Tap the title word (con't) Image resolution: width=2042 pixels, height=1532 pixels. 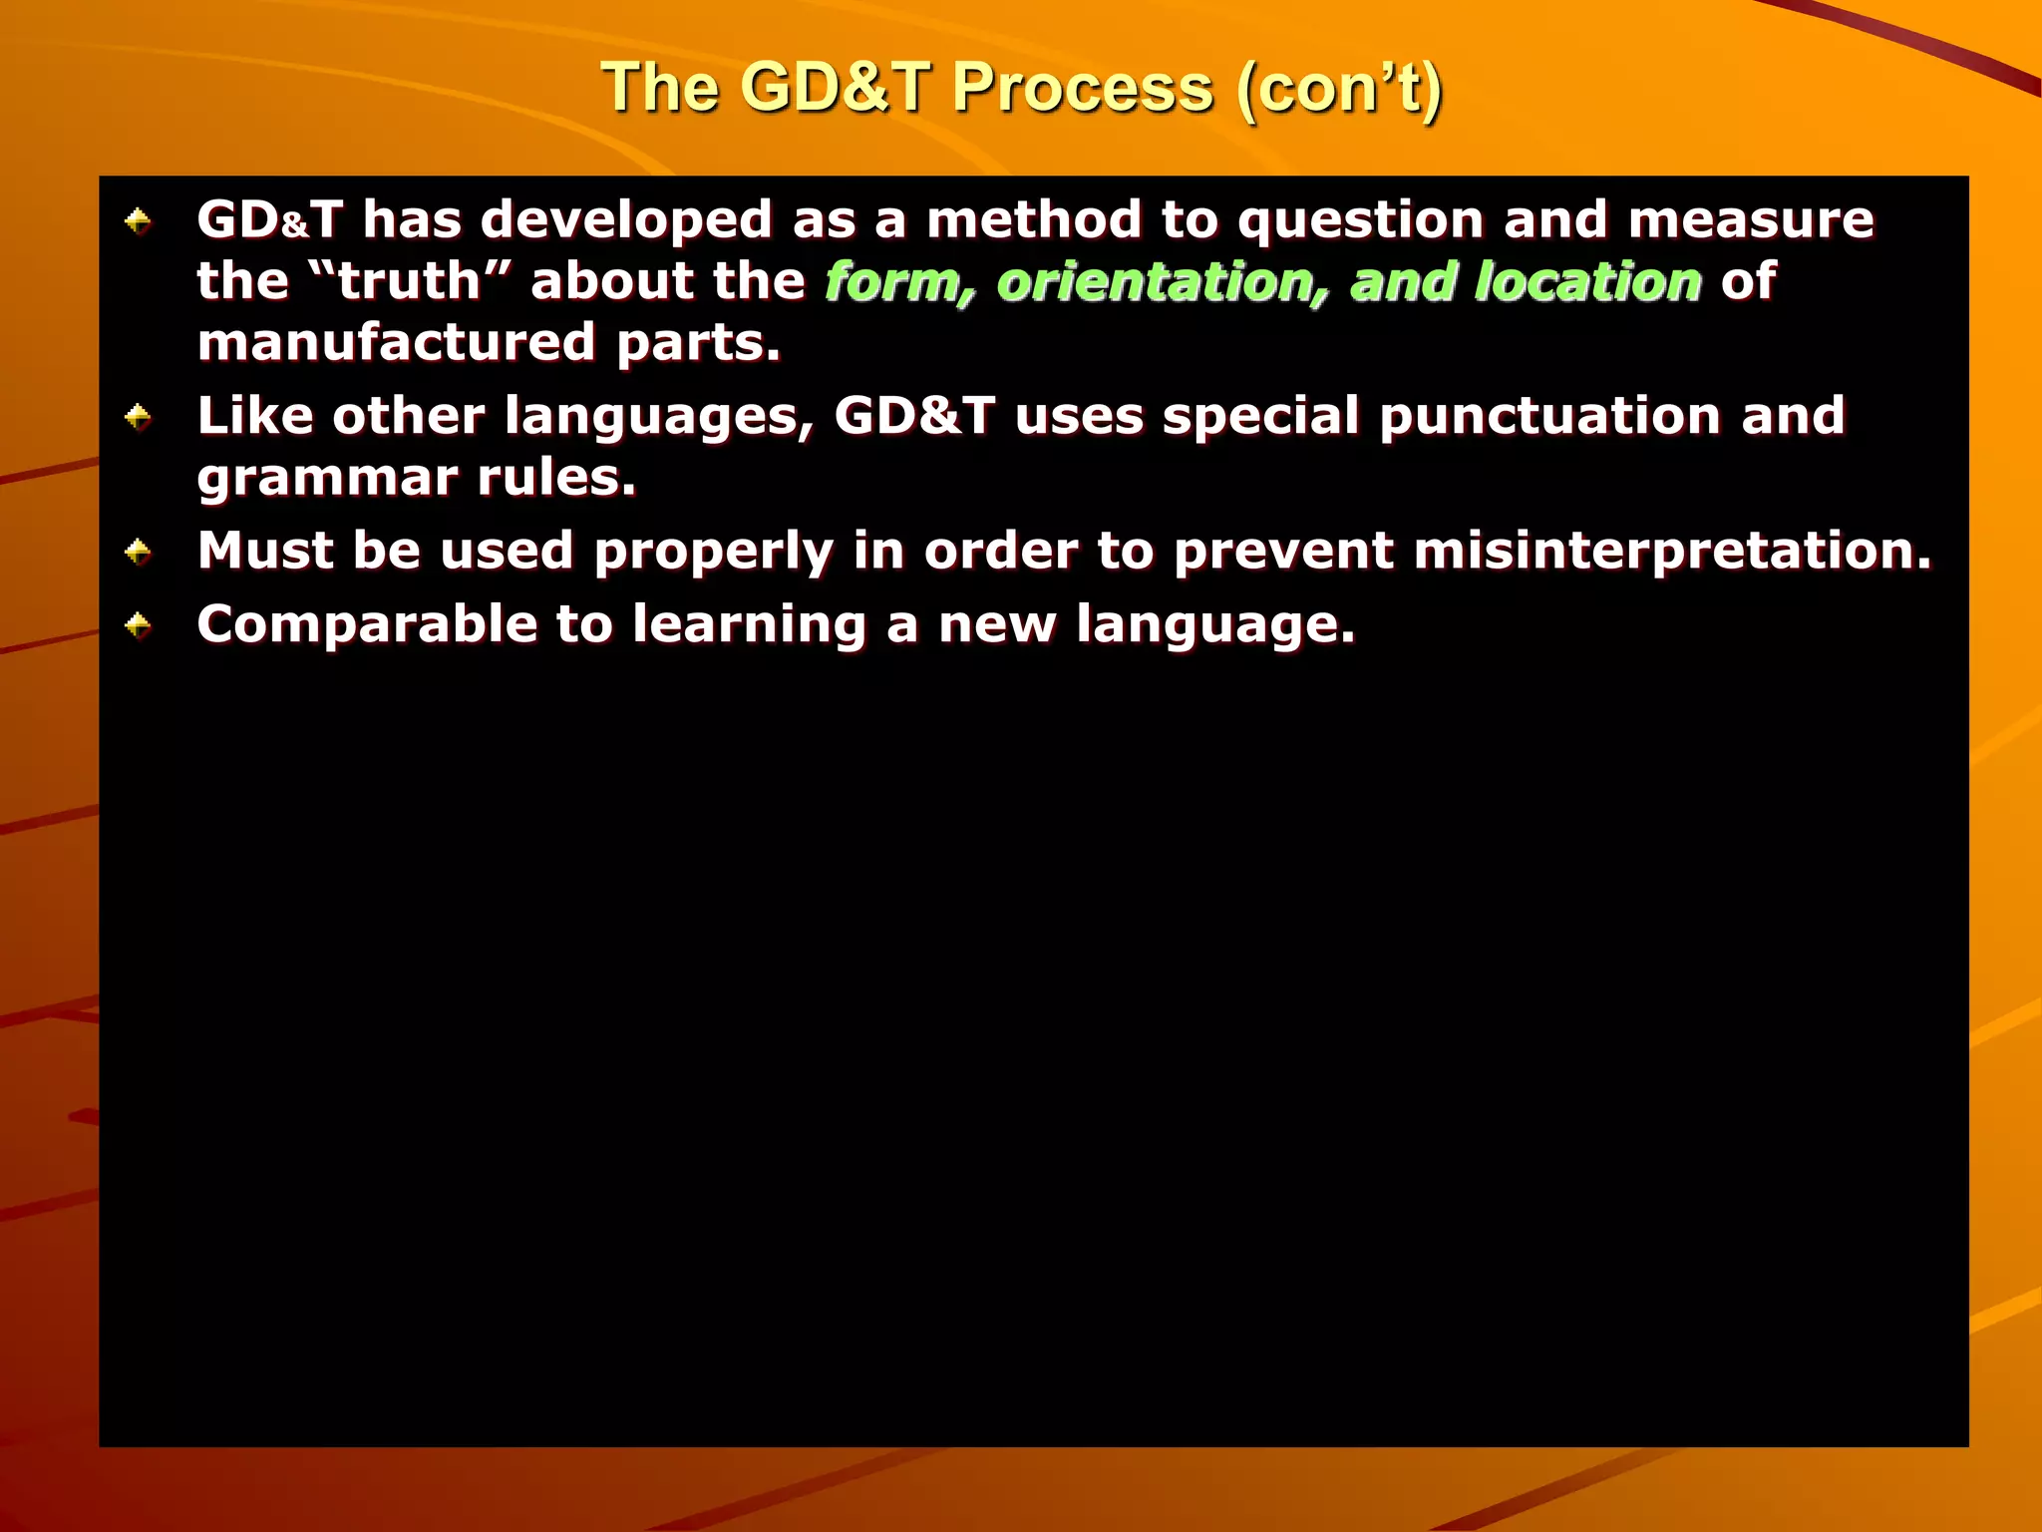point(1338,88)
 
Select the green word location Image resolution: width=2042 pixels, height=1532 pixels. point(1588,281)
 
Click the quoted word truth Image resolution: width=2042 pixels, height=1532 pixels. point(410,281)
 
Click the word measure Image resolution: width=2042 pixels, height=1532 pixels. point(1751,219)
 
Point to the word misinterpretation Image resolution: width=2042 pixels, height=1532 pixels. point(1672,551)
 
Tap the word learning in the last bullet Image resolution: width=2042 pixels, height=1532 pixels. point(749,626)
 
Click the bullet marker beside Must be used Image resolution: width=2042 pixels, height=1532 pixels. point(138,551)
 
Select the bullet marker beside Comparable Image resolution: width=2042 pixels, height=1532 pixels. point(138,625)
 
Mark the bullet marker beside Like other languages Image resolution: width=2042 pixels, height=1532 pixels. point(138,416)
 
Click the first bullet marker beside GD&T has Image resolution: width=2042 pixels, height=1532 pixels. point(138,220)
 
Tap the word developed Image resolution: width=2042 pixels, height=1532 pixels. point(626,220)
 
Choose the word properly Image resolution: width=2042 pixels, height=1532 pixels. point(713,553)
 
